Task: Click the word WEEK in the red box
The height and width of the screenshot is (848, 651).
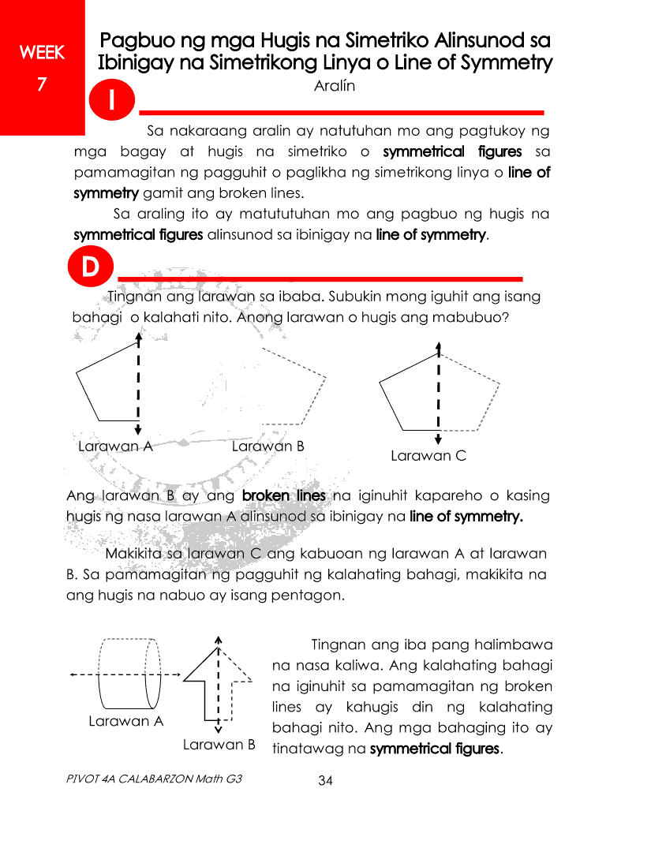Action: (42, 53)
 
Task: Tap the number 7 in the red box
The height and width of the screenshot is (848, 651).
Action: (42, 83)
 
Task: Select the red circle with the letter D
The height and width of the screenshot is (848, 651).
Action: (91, 269)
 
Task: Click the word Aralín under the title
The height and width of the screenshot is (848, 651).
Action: (335, 86)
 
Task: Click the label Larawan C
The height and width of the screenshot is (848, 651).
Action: (428, 456)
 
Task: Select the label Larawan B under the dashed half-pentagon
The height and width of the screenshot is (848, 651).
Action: (268, 446)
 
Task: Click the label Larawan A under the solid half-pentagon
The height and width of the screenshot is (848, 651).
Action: (115, 446)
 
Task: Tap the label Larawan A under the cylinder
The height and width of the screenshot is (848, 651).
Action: (126, 721)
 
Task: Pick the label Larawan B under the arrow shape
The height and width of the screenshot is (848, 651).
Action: (219, 745)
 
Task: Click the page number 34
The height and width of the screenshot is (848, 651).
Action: (326, 781)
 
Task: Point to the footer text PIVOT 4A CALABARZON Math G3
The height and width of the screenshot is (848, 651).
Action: (154, 779)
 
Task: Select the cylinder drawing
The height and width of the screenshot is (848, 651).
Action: (130, 674)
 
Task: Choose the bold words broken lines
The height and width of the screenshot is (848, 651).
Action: (284, 496)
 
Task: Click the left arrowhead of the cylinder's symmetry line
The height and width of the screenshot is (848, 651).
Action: (73, 674)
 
